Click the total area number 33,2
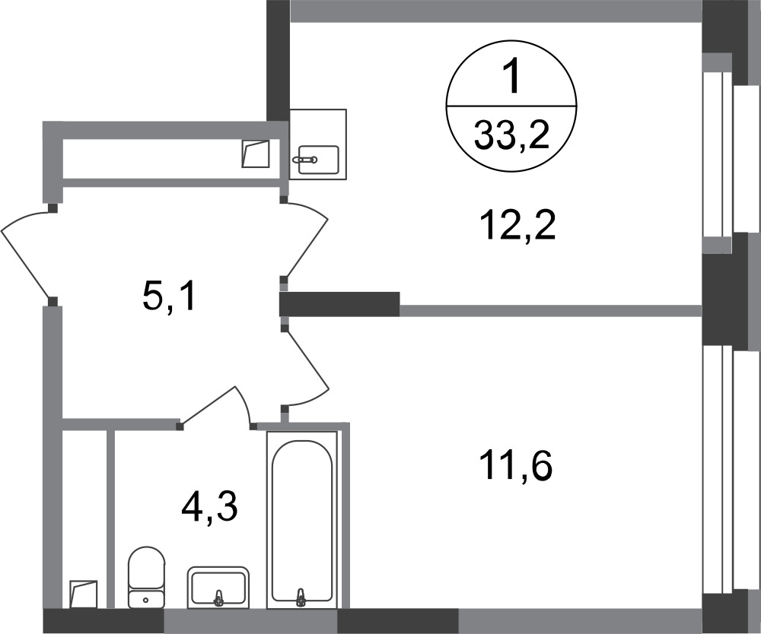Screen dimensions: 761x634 coord(511,135)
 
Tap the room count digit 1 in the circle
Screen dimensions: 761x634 coord(511,77)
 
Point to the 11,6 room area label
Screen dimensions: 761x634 coord(515,466)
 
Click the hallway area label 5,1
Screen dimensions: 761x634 coord(169,296)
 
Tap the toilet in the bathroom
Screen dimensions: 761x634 coord(146,577)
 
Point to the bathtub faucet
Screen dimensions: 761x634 coord(301,598)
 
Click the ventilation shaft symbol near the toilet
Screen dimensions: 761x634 coord(84,594)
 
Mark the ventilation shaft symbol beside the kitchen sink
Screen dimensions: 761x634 coord(256,154)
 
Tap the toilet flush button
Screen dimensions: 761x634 coord(146,600)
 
